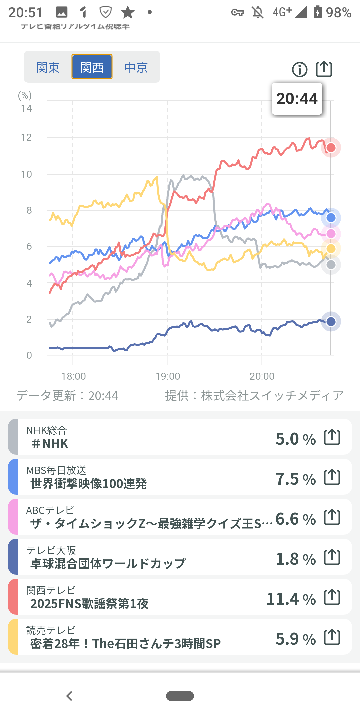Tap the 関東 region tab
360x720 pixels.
pyautogui.click(x=48, y=67)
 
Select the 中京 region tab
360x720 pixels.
pyautogui.click(x=136, y=67)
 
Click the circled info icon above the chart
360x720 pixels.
pyautogui.click(x=299, y=70)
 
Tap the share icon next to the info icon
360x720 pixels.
pyautogui.click(x=324, y=69)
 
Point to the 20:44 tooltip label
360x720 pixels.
pyautogui.click(x=297, y=99)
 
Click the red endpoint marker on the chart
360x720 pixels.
pyautogui.click(x=331, y=148)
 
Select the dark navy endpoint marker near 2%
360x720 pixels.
pyautogui.click(x=331, y=322)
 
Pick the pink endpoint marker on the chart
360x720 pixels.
pyautogui.click(x=331, y=234)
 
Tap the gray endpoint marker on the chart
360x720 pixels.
pyautogui.click(x=331, y=265)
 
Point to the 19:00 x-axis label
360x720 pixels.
pyautogui.click(x=167, y=376)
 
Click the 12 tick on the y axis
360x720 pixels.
pyautogui.click(x=26, y=137)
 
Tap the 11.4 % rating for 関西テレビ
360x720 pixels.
pyautogui.click(x=291, y=599)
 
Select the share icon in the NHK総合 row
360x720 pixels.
pyautogui.click(x=332, y=437)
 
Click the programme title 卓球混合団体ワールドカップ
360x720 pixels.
pyautogui.click(x=108, y=564)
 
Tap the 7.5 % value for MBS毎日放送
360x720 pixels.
pyautogui.click(x=295, y=479)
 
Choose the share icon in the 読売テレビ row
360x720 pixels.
pyautogui.click(x=332, y=637)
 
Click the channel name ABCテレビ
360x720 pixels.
pyautogui.click(x=50, y=510)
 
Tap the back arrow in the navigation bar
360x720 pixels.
pyautogui.click(x=69, y=696)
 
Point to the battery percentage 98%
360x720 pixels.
pyautogui.click(x=338, y=13)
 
